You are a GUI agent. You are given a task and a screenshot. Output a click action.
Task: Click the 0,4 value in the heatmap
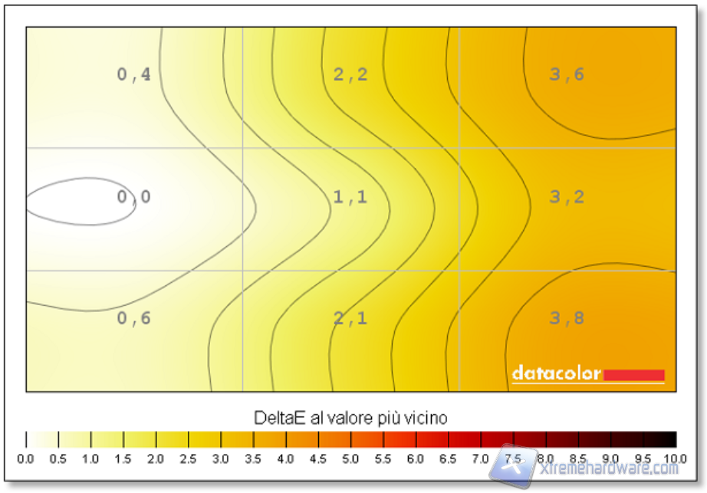tap(133, 74)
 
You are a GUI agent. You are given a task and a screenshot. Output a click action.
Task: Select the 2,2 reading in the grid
tap(350, 74)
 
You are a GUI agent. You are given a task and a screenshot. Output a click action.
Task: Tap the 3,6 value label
tap(567, 74)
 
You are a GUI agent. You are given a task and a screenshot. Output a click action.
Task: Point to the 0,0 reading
tap(133, 197)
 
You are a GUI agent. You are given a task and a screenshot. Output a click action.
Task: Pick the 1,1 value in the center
tap(350, 197)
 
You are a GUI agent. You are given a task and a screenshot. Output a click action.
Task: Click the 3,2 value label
tap(567, 197)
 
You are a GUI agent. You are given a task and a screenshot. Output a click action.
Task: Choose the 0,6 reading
tap(133, 318)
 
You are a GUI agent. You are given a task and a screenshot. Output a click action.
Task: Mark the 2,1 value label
tap(350, 318)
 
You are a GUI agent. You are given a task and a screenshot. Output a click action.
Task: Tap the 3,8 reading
tap(567, 318)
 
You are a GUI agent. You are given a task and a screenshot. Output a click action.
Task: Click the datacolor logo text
tap(557, 374)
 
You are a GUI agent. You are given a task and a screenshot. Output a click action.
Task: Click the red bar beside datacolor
tap(633, 374)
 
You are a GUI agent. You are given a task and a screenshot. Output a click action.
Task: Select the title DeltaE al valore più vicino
tap(350, 418)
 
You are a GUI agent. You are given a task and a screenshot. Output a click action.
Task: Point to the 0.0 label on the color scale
tap(26, 458)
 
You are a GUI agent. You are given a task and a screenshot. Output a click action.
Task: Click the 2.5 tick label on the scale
tap(189, 458)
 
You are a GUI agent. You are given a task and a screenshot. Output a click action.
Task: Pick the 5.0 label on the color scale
tap(351, 458)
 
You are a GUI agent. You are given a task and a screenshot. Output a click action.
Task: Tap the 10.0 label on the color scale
tap(675, 458)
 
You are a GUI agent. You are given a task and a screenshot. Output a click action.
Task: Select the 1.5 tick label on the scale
tap(123, 458)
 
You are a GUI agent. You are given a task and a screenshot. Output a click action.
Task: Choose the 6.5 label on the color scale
tap(449, 458)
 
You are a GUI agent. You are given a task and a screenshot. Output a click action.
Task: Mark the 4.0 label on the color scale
tap(286, 458)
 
